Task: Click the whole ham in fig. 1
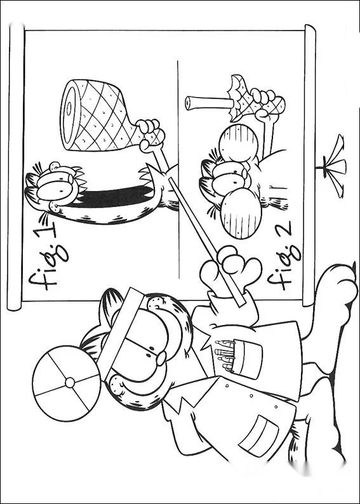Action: tap(97, 116)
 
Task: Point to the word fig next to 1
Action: tap(48, 267)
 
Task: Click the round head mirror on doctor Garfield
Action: tap(67, 383)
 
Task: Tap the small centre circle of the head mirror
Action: tap(70, 383)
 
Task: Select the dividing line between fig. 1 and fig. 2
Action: tap(178, 169)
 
